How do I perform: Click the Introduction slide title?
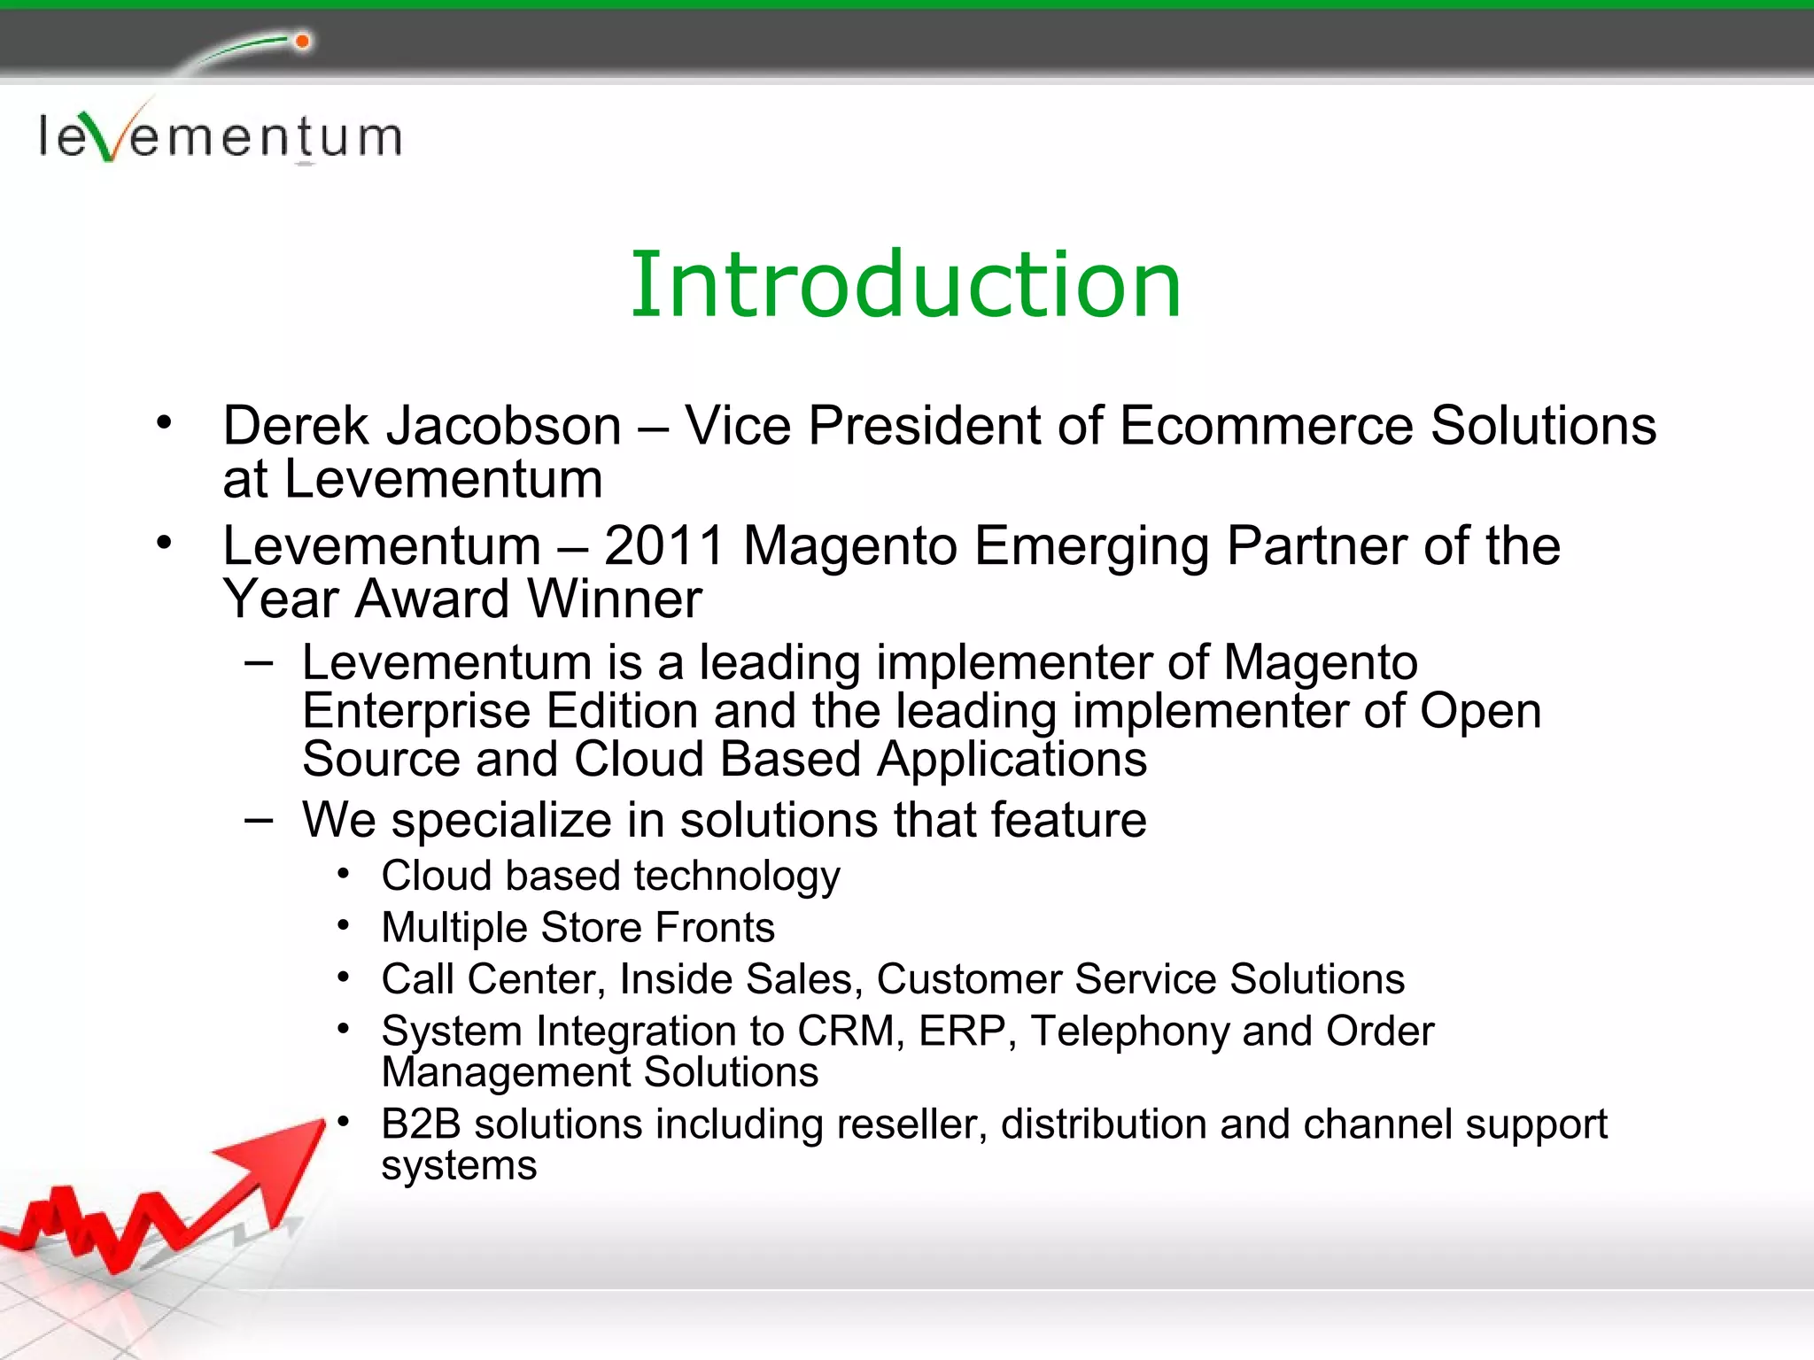point(905,285)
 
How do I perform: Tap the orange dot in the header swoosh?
point(302,42)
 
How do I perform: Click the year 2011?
point(664,545)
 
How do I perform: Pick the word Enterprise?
point(415,711)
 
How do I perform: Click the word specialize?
point(501,821)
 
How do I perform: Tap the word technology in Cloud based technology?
point(737,877)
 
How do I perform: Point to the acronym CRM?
point(846,1031)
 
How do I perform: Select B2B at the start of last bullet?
point(421,1124)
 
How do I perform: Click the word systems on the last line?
point(459,1166)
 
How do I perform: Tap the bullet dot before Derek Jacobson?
point(164,422)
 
